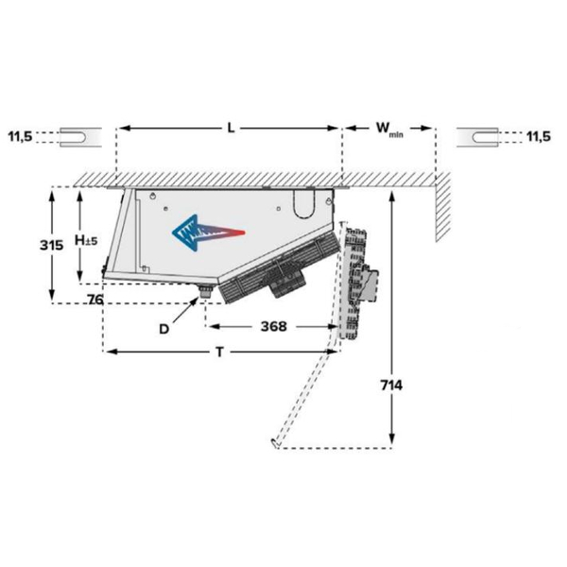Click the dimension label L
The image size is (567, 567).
pyautogui.click(x=231, y=128)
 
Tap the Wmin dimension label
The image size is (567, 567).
pyautogui.click(x=389, y=129)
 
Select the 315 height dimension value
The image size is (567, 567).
pyautogui.click(x=51, y=245)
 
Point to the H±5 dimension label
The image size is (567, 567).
pyautogui.click(x=86, y=240)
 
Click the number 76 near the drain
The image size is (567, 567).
pyautogui.click(x=95, y=300)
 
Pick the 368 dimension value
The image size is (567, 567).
pyautogui.click(x=274, y=327)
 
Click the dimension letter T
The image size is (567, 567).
pyautogui.click(x=219, y=352)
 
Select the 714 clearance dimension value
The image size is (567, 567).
pyautogui.click(x=391, y=386)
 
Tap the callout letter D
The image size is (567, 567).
pyautogui.click(x=163, y=329)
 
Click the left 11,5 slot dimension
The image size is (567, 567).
pyautogui.click(x=20, y=137)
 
